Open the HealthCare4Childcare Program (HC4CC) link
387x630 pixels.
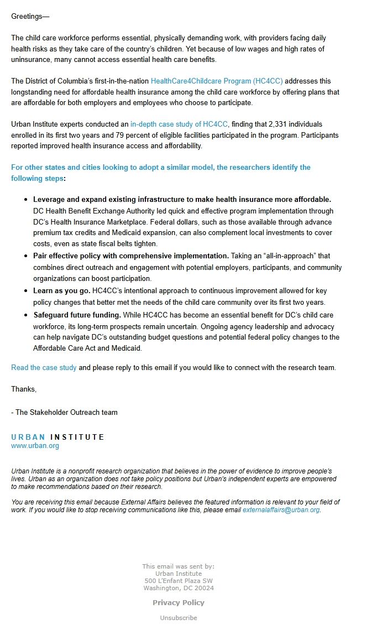[217, 81]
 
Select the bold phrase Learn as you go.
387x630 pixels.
[61, 290]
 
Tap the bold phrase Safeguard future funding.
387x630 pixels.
[77, 315]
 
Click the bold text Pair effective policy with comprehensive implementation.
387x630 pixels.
[130, 256]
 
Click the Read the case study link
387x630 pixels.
[44, 368]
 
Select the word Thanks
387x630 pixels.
[24, 389]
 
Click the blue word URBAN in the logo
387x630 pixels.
[28, 438]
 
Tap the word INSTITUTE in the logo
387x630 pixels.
[77, 438]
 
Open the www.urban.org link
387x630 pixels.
[35, 446]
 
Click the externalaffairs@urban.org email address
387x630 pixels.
[281, 510]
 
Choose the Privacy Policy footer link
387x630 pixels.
[179, 603]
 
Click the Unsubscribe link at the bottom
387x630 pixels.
[179, 618]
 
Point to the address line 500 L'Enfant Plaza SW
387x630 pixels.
[179, 581]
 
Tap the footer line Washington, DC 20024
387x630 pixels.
[179, 589]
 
